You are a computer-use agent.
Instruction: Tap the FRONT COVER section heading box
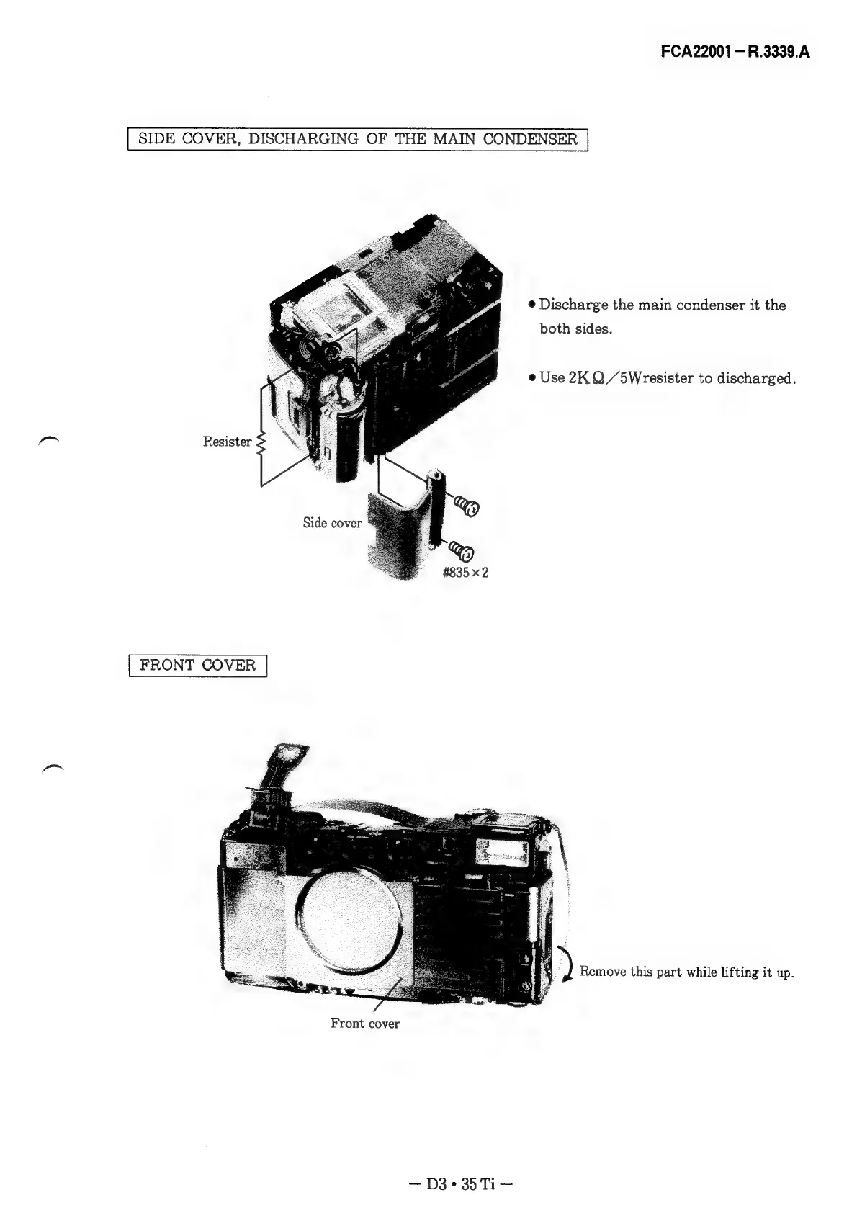coord(197,665)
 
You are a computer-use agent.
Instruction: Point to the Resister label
coord(227,442)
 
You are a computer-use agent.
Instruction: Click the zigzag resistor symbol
coord(261,442)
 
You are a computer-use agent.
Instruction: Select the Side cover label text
coord(332,523)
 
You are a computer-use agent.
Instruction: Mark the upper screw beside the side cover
coord(468,508)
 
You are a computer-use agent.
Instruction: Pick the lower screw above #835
coord(462,553)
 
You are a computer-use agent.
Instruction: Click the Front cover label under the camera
coord(364,1023)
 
